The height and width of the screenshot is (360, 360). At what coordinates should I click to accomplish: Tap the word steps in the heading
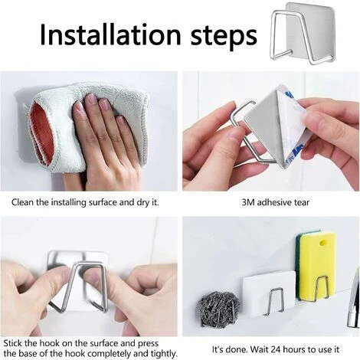tap(224, 36)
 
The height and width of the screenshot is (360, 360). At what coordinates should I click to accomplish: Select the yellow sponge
tap(317, 266)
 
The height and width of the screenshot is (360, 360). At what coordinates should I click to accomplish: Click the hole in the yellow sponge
tap(325, 241)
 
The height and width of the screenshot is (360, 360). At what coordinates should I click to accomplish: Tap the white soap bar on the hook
tap(269, 293)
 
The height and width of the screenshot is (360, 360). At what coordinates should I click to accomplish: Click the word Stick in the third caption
tap(13, 343)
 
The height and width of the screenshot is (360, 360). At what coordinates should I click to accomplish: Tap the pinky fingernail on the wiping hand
tap(120, 121)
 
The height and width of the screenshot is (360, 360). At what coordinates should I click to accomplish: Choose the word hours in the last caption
tap(297, 349)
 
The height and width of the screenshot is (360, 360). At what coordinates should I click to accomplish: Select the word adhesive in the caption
tap(274, 203)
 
